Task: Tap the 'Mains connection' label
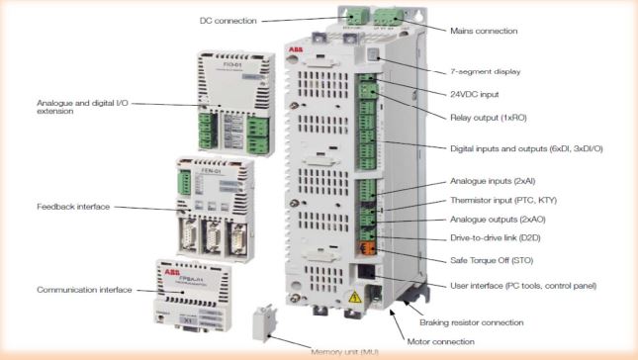coord(485,31)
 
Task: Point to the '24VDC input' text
coord(471,95)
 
